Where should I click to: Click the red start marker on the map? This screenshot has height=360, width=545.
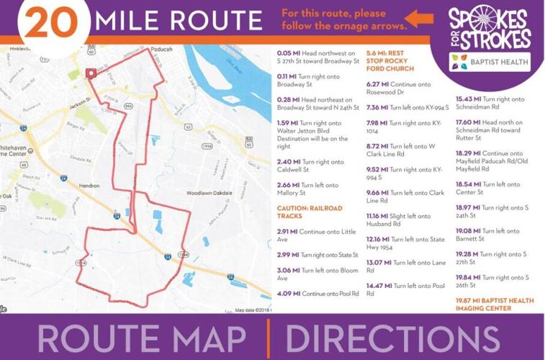pos(91,73)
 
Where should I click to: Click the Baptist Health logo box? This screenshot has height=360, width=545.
pos(490,62)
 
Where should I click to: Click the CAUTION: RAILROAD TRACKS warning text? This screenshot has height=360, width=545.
pos(310,212)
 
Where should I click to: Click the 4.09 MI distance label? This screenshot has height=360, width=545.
pos(289,294)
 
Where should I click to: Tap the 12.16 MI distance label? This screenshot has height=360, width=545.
pos(378,239)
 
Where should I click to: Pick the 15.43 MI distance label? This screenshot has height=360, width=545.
pos(468,99)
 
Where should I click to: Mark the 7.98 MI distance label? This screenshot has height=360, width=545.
pos(377,123)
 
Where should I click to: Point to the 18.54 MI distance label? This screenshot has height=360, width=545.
pos(468,184)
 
